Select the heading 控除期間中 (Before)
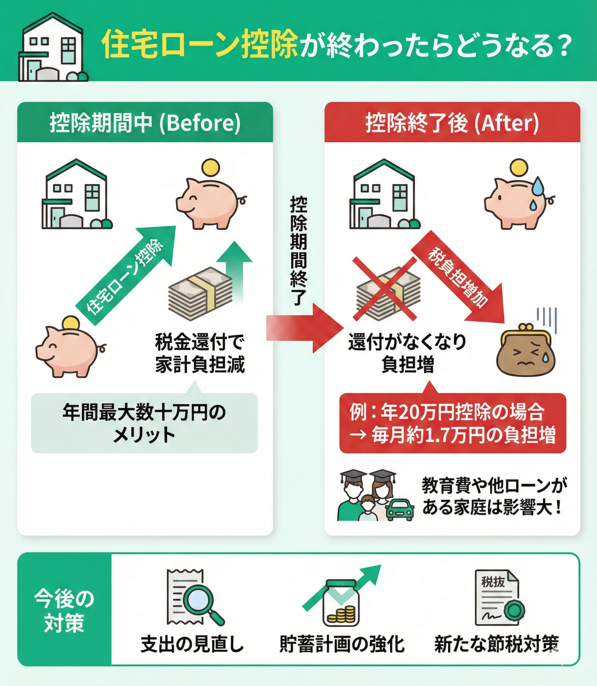(x=145, y=123)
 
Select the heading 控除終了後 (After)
(x=452, y=123)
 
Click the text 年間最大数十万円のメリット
(x=144, y=423)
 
